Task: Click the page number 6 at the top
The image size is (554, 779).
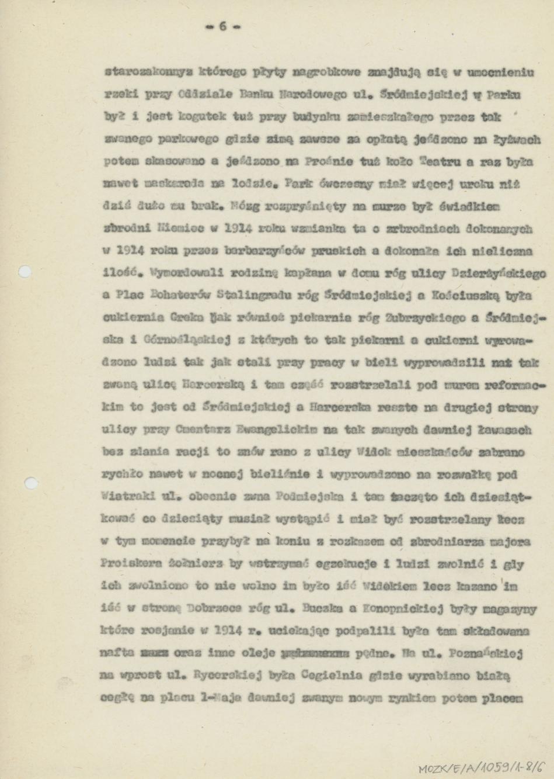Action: pos(222,26)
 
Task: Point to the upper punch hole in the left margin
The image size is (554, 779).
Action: pos(24,271)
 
